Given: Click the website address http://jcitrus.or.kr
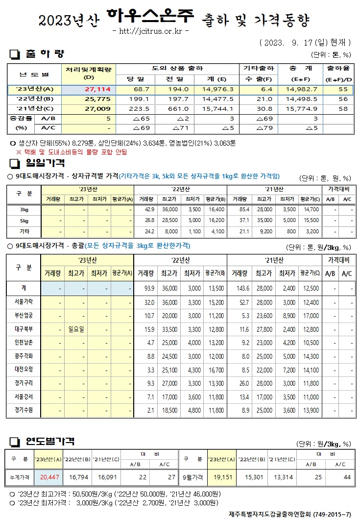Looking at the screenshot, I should coord(150,31).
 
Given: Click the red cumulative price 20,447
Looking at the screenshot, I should coord(50,476).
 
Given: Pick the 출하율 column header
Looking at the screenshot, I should coord(338,69).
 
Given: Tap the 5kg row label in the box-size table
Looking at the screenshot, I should coord(24,220).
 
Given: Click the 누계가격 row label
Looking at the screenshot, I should coord(20,476).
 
